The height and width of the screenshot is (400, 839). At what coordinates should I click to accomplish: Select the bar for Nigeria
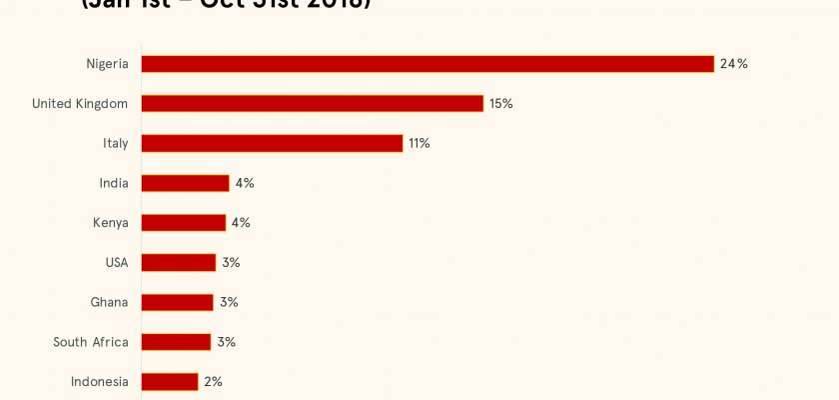[427, 64]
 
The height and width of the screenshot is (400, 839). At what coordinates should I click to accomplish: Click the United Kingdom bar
[312, 104]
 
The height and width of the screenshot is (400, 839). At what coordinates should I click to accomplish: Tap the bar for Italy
[272, 143]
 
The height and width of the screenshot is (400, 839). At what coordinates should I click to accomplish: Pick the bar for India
[185, 183]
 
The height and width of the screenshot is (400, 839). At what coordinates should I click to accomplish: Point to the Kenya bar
[183, 223]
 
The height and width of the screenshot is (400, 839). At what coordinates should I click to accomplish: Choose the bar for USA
[178, 263]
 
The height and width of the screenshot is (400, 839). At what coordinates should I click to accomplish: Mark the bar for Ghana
[177, 302]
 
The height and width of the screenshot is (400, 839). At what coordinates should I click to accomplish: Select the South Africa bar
[176, 342]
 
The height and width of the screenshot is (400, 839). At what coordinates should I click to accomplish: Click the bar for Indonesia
[170, 382]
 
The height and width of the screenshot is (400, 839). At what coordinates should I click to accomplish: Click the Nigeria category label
[107, 64]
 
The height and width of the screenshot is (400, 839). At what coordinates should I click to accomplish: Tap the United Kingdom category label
[80, 104]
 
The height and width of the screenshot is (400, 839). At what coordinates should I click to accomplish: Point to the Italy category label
[116, 143]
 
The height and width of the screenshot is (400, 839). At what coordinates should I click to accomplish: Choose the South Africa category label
[91, 342]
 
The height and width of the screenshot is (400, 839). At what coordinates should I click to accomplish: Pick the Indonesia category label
[100, 382]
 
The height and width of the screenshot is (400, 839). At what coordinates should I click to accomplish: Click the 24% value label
[734, 64]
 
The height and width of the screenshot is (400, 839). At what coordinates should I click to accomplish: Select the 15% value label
[501, 104]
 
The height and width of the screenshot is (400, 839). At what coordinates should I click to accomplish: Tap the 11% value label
[419, 143]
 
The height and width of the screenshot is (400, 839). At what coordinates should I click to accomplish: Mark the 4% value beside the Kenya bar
[241, 223]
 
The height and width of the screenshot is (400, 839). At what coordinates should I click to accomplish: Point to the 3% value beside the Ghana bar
[229, 302]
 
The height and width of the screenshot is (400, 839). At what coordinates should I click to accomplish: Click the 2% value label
[213, 382]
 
